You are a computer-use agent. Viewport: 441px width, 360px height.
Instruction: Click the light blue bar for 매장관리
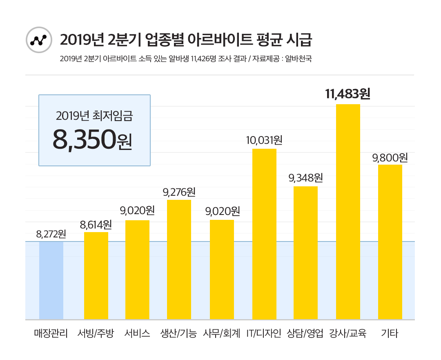(51, 280)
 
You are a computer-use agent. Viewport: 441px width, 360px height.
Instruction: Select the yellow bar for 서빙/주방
(96, 275)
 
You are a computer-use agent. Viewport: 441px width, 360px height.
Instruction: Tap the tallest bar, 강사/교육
(348, 212)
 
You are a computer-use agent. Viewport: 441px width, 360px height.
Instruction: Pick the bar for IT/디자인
(264, 234)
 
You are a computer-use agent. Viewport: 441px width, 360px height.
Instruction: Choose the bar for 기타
(390, 242)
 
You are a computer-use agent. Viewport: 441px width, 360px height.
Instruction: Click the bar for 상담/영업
(305, 253)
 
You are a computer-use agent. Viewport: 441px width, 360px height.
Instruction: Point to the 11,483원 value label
(347, 94)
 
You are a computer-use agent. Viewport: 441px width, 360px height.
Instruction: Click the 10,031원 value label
(264, 141)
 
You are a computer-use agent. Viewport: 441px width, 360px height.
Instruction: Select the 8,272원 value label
(51, 234)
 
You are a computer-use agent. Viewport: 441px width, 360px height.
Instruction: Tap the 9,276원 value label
(179, 191)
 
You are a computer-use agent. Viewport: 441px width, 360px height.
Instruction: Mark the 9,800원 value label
(390, 157)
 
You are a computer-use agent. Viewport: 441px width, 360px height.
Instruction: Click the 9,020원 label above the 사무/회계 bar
(222, 211)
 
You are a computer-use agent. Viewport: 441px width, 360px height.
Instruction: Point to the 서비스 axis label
(137, 333)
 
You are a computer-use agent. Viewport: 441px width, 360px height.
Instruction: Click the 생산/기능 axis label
(179, 333)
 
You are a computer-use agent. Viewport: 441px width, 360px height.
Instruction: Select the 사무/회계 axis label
(222, 333)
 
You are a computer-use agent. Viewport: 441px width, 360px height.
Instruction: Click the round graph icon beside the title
(39, 40)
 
